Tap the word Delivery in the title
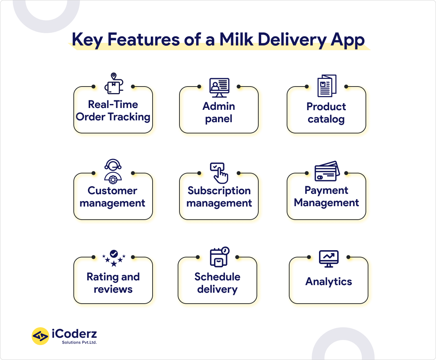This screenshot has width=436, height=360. [x=295, y=39]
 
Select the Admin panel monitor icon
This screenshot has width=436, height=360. [x=219, y=87]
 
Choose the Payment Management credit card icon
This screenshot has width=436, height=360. [x=327, y=171]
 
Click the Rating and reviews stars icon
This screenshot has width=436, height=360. [x=114, y=258]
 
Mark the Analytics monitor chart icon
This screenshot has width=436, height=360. [x=328, y=259]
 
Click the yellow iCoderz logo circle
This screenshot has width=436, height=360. [x=40, y=336]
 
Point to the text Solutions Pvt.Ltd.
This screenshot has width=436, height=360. [x=79, y=342]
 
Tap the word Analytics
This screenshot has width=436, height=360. [x=328, y=281]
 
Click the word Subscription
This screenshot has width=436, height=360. [x=219, y=191]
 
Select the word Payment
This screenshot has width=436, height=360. [x=326, y=190]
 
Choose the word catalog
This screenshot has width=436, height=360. [x=326, y=119]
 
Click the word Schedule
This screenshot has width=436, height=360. [x=217, y=277]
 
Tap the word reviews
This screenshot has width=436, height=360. [x=113, y=289]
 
